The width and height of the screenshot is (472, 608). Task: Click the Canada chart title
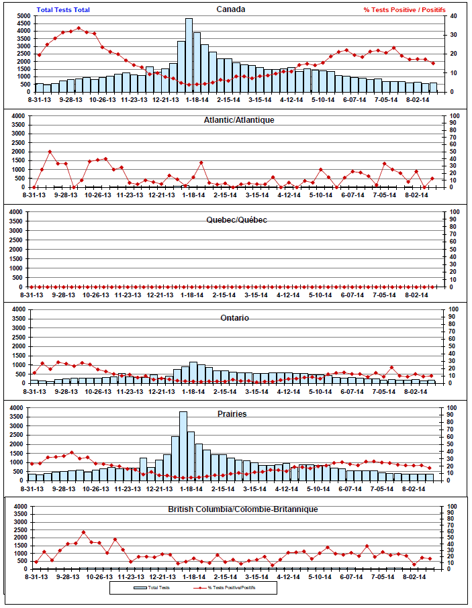(231, 9)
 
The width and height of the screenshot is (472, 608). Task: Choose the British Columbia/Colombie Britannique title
(242, 509)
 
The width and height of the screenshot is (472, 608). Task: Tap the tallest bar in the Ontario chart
(193, 372)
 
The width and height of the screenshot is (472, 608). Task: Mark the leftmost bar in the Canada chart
(40, 87)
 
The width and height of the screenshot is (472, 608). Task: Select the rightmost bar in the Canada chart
(433, 87)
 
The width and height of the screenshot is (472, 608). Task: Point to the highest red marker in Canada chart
(79, 28)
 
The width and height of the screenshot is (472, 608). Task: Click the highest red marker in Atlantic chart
(50, 152)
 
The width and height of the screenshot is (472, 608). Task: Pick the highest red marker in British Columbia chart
(84, 532)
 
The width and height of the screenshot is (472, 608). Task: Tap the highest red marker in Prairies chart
(72, 452)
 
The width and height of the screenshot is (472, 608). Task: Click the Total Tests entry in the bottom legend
(152, 587)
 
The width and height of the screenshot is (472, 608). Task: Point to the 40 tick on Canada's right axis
(453, 15)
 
